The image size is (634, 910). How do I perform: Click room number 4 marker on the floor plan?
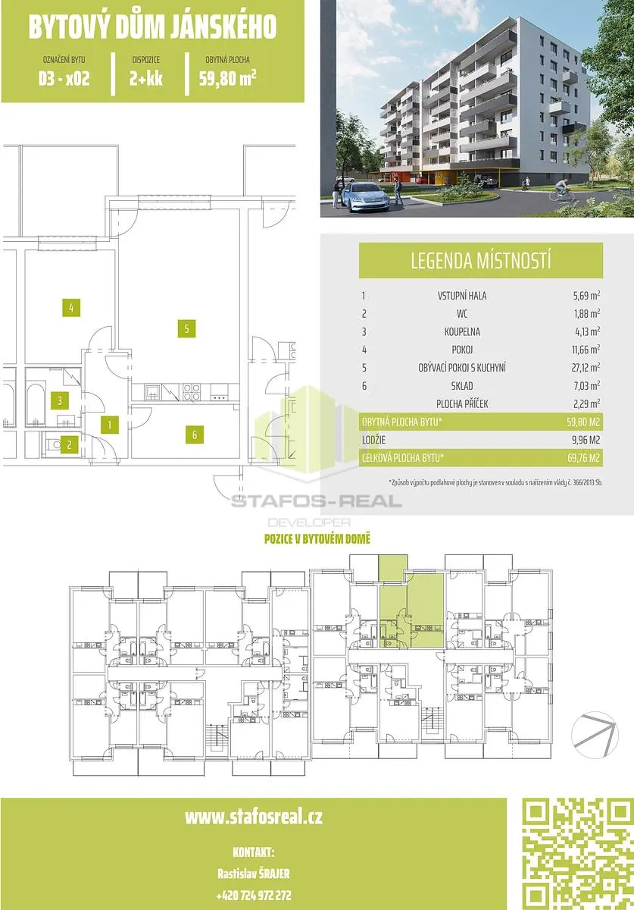pos(71,308)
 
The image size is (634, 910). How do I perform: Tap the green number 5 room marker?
pos(186,328)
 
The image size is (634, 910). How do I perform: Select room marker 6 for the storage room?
pos(195,435)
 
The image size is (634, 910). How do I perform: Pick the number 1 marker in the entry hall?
pos(110,425)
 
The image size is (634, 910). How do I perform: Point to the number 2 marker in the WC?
pos(69,444)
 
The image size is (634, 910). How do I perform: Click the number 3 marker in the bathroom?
pos(60,400)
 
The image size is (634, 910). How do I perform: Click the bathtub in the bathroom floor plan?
pos(36,405)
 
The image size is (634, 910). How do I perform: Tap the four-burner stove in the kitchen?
pos(191,392)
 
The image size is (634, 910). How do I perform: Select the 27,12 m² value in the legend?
pos(586,367)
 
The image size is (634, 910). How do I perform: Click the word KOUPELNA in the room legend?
pos(462,331)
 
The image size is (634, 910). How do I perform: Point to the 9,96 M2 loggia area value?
pos(586,440)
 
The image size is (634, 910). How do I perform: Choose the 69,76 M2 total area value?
pos(584,458)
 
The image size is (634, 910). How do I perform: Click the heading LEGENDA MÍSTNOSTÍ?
pos(481,260)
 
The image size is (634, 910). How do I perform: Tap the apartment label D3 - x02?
pos(64,78)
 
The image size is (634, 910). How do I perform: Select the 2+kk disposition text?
pos(146,78)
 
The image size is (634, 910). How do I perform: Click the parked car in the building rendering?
pos(364,196)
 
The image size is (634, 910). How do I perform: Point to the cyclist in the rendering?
pos(562,190)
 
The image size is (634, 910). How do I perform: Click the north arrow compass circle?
pos(595,735)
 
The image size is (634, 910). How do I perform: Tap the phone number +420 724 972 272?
pos(254,895)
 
